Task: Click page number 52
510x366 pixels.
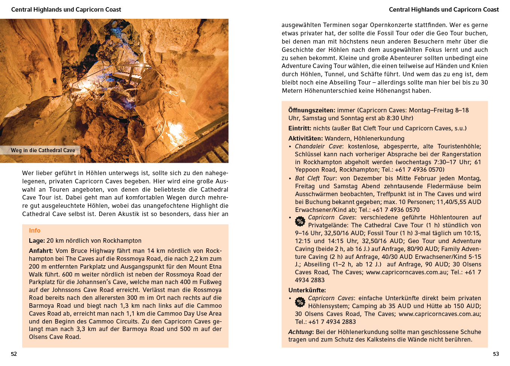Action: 14,354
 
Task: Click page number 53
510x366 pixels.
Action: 496,354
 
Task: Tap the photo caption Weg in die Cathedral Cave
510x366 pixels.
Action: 43,150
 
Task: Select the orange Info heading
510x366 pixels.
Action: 35,231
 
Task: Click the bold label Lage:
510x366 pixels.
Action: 37,241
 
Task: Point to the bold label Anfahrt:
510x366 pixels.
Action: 41,251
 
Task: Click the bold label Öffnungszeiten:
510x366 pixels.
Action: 312,110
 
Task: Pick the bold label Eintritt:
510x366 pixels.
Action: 300,129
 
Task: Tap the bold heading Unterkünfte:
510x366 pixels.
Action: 307,290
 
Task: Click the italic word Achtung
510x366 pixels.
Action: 300,332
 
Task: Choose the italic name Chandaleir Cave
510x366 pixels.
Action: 318,147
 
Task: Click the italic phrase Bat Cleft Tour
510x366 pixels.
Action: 315,178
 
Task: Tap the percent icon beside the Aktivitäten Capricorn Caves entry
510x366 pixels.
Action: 300,221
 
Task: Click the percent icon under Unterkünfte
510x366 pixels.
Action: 300,302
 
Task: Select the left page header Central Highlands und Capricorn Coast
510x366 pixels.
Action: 66,10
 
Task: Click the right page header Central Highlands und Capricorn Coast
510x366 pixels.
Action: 444,10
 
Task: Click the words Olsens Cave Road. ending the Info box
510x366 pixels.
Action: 54,337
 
